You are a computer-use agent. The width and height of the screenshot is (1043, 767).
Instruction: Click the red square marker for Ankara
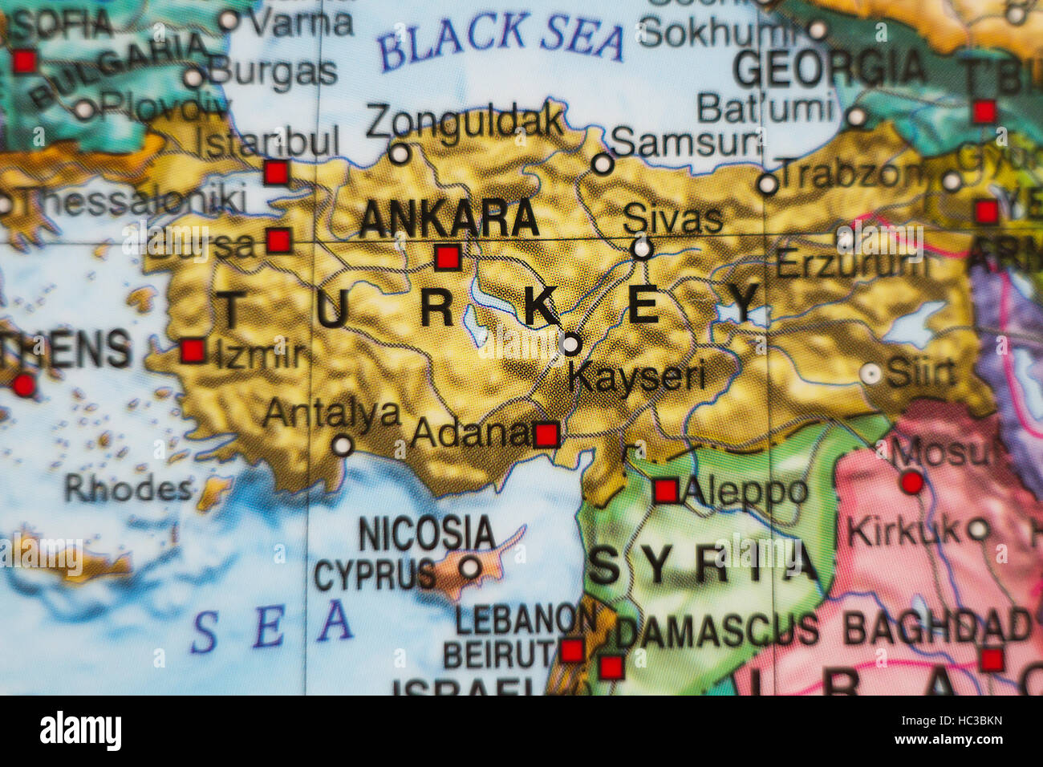[x=448, y=258]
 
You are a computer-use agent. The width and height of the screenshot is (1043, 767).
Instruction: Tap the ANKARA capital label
[x=448, y=218]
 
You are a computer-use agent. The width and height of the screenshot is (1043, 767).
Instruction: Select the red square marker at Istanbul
[x=276, y=172]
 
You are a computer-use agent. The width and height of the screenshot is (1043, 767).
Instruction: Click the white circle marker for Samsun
[x=603, y=164]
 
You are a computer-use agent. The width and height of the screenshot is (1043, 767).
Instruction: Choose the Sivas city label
[x=672, y=218]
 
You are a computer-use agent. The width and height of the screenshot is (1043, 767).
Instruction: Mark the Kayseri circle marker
[x=570, y=344]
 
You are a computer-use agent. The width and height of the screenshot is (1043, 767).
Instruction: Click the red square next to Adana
[x=546, y=436]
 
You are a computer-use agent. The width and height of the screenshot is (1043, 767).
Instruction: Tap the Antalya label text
[x=331, y=413]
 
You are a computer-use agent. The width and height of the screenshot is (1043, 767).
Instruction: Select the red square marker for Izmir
[x=193, y=351]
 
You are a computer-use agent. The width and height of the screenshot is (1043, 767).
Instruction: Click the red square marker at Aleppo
[x=666, y=490]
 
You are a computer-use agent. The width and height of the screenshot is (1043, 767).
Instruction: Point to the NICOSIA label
[x=427, y=534]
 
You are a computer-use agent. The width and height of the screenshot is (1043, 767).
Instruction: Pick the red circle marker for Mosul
[x=911, y=482]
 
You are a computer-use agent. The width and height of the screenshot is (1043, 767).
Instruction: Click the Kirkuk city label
[x=903, y=530]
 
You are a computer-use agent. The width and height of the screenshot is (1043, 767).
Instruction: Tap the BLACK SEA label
[x=501, y=40]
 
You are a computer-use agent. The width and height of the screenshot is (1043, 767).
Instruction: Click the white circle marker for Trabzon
[x=768, y=185]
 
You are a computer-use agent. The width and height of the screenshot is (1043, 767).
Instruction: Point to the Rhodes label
[x=128, y=488]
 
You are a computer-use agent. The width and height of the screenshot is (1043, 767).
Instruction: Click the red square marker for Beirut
[x=572, y=650]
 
